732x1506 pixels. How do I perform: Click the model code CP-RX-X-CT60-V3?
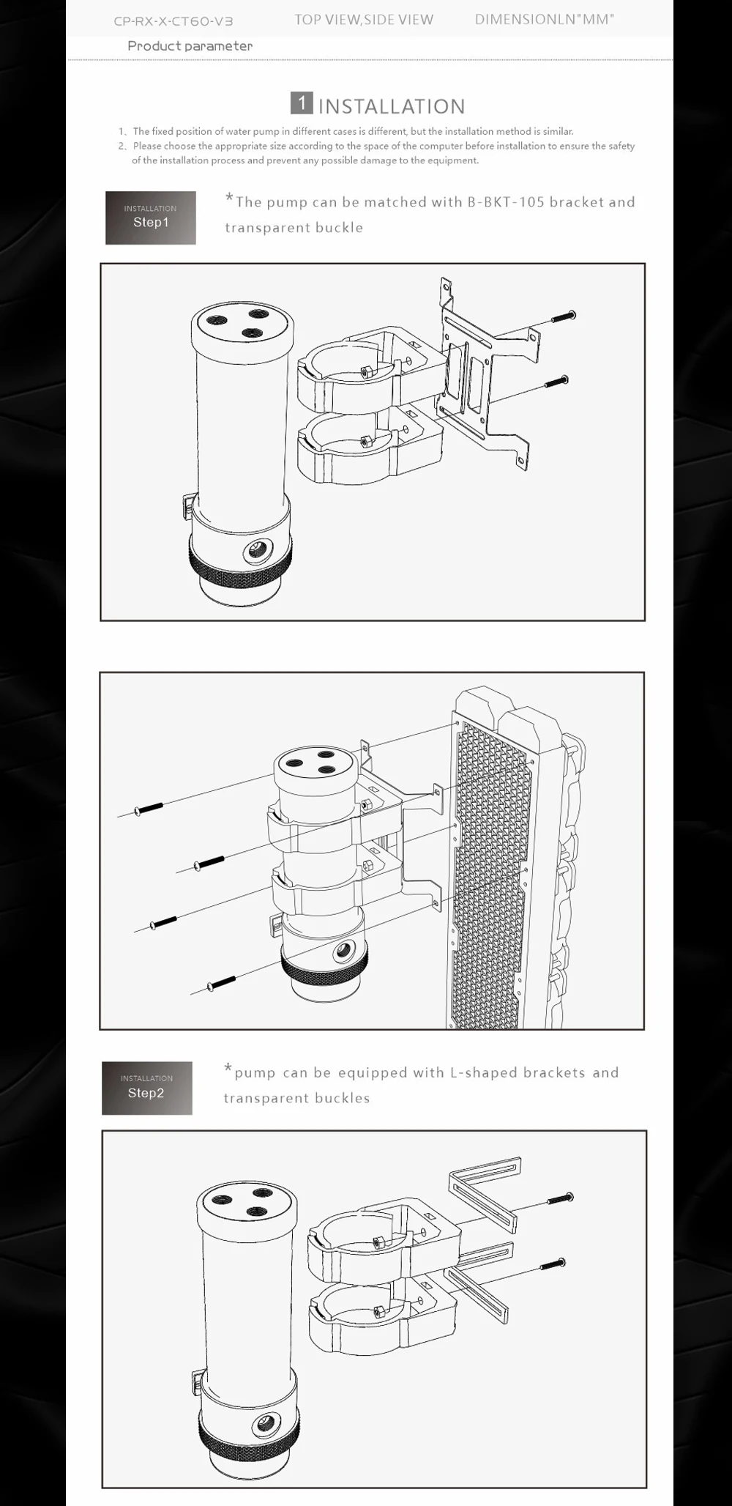[173, 21]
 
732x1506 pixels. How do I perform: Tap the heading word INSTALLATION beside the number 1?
[392, 106]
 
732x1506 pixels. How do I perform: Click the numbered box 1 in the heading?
[302, 103]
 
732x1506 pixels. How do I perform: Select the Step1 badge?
[151, 218]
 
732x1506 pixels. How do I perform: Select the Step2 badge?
[146, 1088]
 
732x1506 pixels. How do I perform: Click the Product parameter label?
[190, 46]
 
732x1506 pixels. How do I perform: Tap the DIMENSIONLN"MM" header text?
[545, 20]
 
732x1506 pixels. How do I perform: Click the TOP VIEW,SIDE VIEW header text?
[364, 20]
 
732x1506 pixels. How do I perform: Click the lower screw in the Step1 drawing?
[556, 382]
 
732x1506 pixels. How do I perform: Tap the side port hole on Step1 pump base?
[257, 549]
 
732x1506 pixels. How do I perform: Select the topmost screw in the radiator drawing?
[149, 808]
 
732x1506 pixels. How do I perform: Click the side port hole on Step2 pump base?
[264, 1424]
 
